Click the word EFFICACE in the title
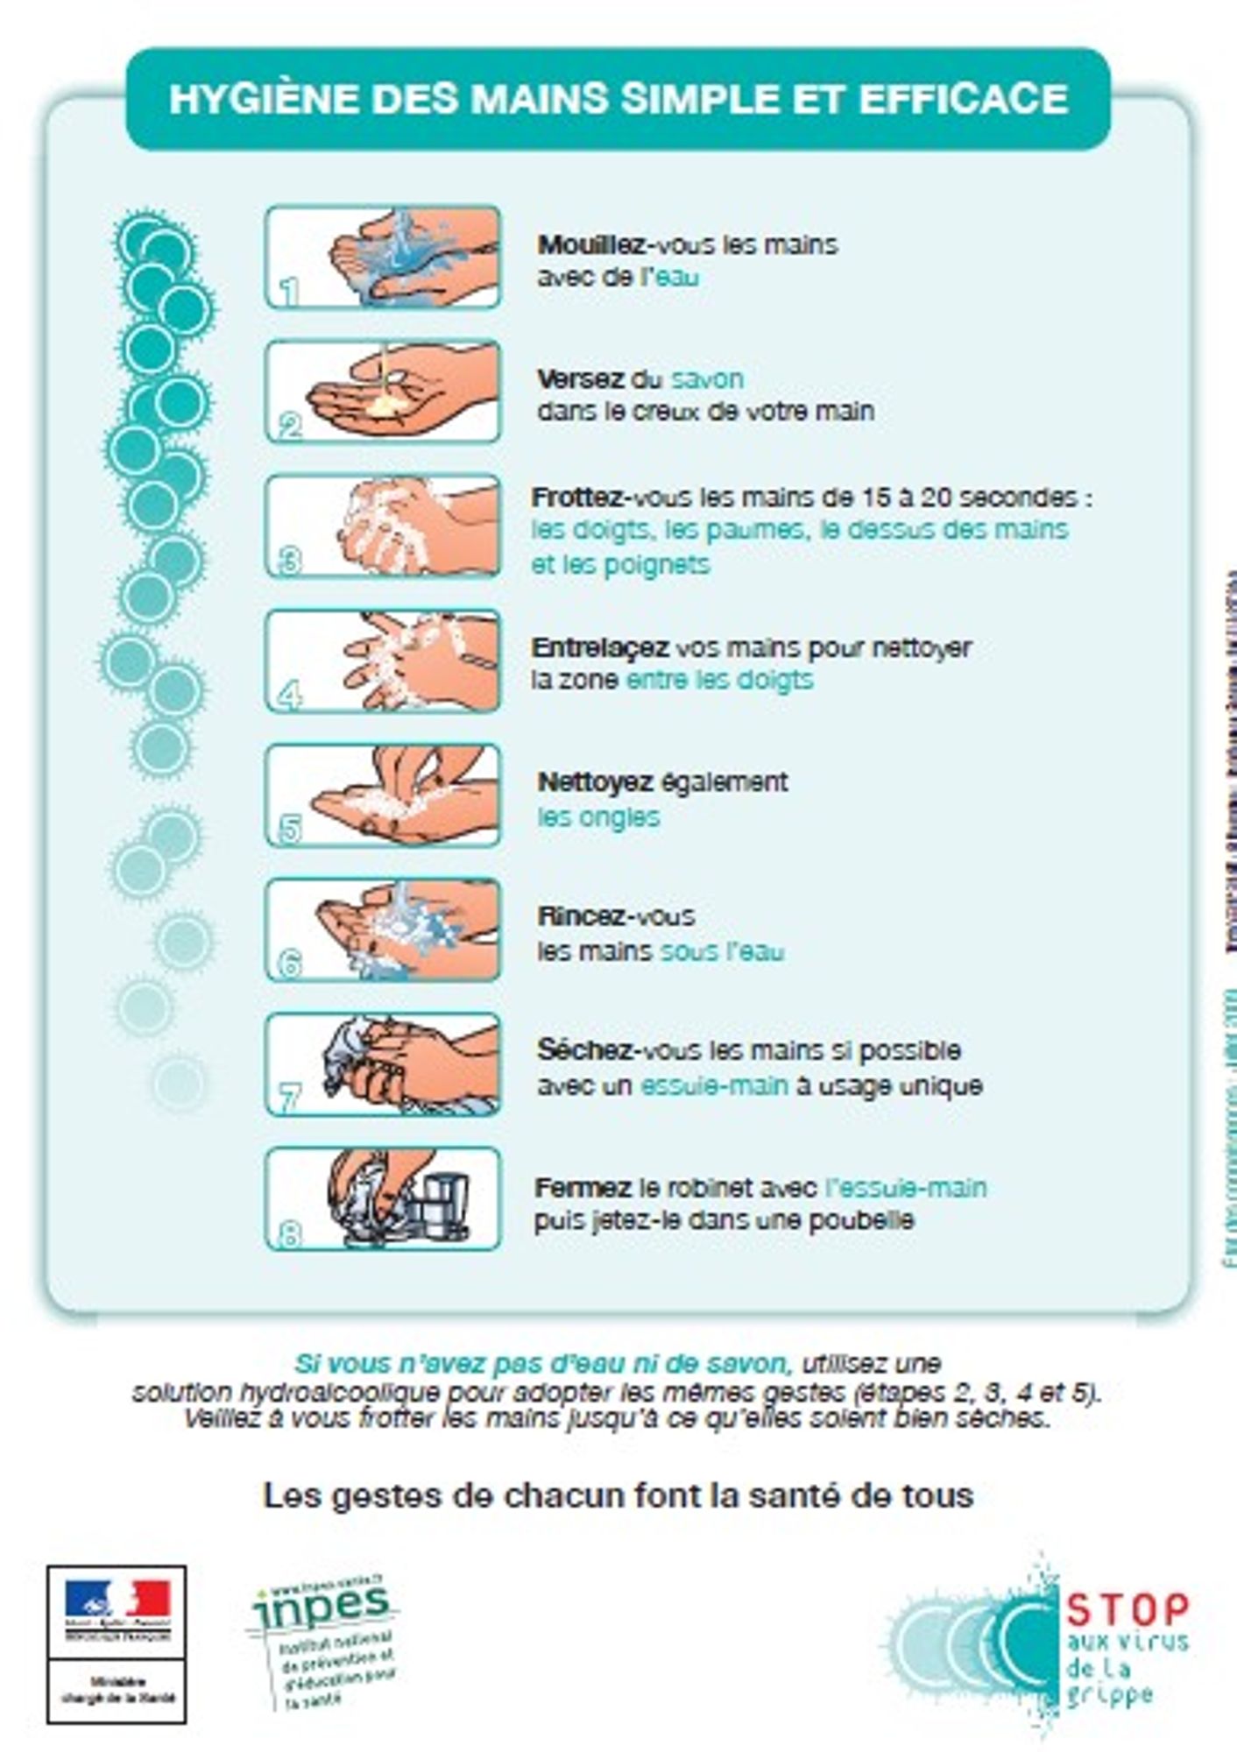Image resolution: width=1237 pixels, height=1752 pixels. tap(963, 98)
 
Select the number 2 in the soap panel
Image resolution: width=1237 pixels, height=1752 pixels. tap(290, 427)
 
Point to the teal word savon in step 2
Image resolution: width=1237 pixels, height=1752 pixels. tap(707, 379)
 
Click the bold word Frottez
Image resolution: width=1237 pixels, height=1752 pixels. tap(576, 498)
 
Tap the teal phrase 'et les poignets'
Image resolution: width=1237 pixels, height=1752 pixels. tap(620, 565)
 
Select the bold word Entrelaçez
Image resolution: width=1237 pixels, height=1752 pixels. tap(600, 648)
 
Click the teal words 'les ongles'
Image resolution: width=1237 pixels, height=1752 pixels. tap(598, 817)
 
